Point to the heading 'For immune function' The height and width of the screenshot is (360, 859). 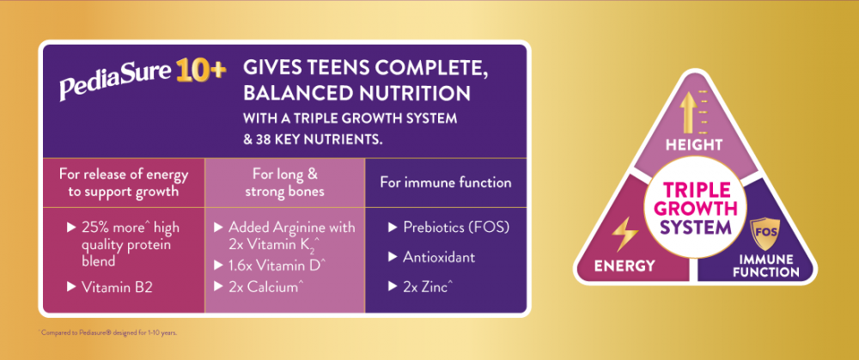446,182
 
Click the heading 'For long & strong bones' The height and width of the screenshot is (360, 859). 284,183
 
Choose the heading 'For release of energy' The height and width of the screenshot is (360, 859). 123,175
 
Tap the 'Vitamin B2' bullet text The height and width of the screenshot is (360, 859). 117,286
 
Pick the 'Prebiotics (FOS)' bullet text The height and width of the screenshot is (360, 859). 456,228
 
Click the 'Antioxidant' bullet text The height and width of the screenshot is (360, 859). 439,256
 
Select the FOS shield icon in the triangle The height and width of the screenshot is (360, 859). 765,233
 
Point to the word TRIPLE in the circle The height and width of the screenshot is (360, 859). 697,190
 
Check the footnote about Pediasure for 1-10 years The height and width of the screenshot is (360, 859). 108,332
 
